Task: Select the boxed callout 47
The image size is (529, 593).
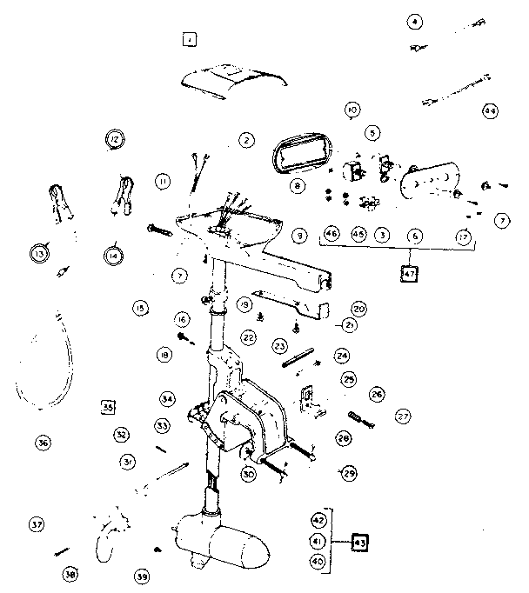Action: [x=410, y=275]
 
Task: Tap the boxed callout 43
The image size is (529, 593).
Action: [x=358, y=543]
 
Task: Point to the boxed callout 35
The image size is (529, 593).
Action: [x=108, y=407]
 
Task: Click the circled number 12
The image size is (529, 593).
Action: [x=114, y=138]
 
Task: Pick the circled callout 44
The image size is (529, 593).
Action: [x=490, y=111]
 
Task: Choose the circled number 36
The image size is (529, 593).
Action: [x=43, y=443]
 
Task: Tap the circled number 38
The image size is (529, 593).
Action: [x=70, y=575]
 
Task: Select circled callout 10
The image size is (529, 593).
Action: [x=352, y=110]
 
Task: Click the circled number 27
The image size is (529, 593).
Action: [x=402, y=416]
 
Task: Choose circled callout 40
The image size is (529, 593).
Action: [x=318, y=562]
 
